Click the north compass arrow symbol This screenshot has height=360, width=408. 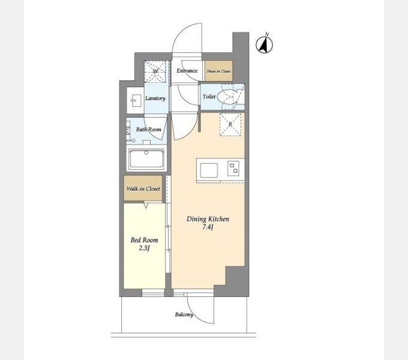pos(265,45)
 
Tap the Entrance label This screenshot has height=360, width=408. pos(187,71)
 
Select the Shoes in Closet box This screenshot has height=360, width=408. pos(218,71)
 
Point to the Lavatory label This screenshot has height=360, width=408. pos(155,98)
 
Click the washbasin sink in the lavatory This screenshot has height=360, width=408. pos(136,100)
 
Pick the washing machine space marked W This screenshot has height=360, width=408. pos(155,71)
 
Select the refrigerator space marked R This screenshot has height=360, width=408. pos(230,124)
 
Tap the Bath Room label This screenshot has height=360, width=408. pos(149,129)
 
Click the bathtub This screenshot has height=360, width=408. pos(146,159)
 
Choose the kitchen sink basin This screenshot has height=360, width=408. pos(209,170)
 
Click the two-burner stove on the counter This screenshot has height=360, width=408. pos(233,168)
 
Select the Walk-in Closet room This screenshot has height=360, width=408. pos(143,188)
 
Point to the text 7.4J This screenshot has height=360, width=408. pos(208,227)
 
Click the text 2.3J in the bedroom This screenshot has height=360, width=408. pos(144,248)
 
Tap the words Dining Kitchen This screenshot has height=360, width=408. pos(208,219)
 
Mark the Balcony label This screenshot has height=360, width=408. pos(184,315)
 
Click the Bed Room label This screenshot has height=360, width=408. pos(144,240)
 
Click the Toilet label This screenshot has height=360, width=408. pos(209,97)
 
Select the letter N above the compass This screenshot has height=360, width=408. pos(267,34)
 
